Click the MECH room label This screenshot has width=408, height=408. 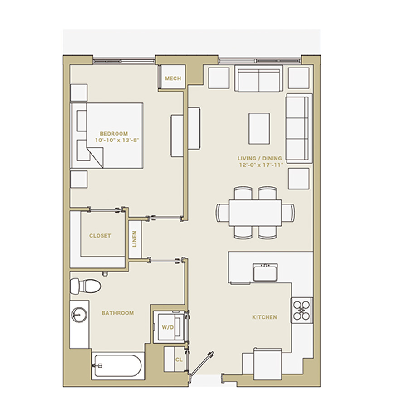pyautogui.click(x=173, y=78)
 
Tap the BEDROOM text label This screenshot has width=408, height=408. pyautogui.click(x=114, y=134)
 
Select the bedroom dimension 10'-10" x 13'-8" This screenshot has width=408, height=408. pyautogui.click(x=117, y=140)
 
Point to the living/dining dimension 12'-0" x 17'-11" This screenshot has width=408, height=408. pyautogui.click(x=261, y=165)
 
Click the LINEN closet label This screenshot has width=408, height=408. pyautogui.click(x=135, y=239)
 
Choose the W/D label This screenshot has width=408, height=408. pyautogui.click(x=168, y=327)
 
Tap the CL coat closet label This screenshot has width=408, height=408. pyautogui.click(x=179, y=359)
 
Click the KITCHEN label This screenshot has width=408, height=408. pyautogui.click(x=265, y=317)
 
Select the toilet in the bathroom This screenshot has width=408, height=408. pyautogui.click(x=85, y=286)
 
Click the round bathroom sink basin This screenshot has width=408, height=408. pyautogui.click(x=79, y=315)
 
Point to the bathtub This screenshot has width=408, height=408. pyautogui.click(x=118, y=366)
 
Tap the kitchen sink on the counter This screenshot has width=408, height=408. pyautogui.click(x=265, y=272)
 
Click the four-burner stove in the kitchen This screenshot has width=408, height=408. pyautogui.click(x=302, y=311)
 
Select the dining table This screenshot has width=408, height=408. pyautogui.click(x=255, y=213)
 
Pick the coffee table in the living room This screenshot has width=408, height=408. pyautogui.click(x=259, y=129)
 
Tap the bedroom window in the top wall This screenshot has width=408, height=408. pyautogui.click(x=124, y=61)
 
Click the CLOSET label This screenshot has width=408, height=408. pyautogui.click(x=100, y=236)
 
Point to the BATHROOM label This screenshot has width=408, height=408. pyautogui.click(x=117, y=313)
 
